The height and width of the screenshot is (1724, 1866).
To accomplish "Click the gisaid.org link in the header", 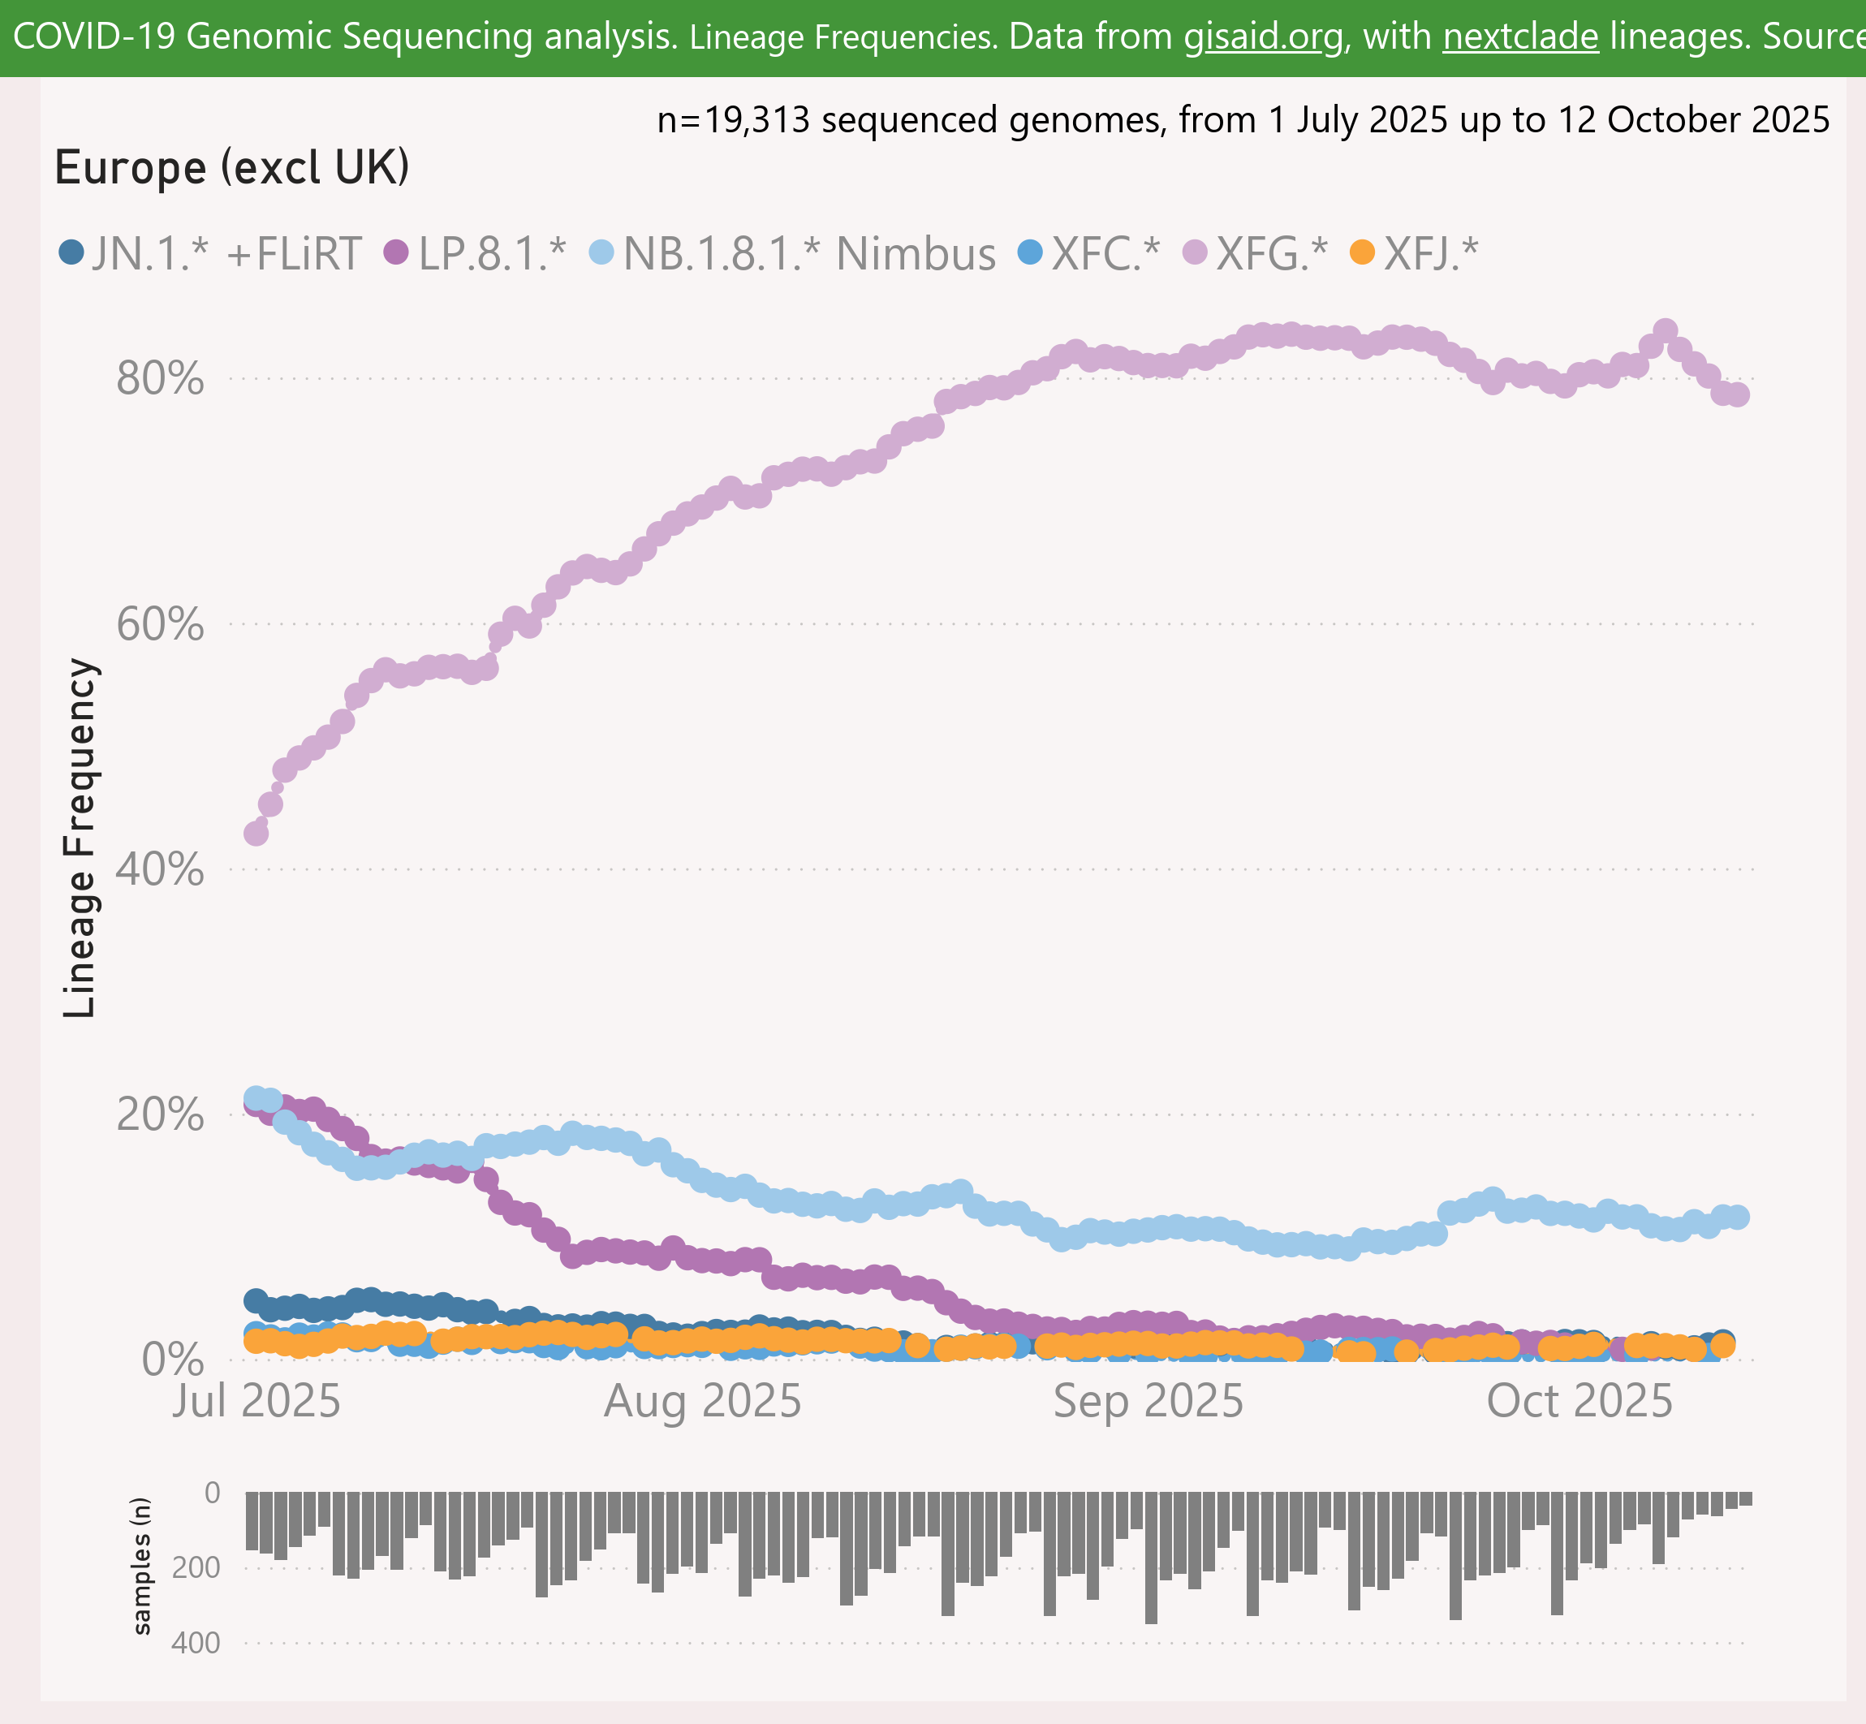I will pos(1263,37).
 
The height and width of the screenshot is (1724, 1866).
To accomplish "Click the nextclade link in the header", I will pos(1520,37).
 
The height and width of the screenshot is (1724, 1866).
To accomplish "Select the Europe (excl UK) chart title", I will pos(232,168).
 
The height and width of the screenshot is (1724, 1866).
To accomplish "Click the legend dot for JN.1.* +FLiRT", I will pos(71,252).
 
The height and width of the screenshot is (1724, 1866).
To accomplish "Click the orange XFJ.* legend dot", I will pos(1363,252).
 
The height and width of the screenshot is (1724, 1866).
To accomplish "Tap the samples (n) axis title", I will pos(142,1567).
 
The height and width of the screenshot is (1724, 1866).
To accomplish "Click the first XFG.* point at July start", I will pos(256,833).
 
